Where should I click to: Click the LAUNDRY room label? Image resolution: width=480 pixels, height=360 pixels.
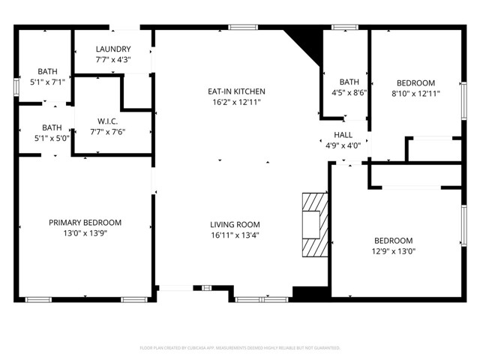(113, 49)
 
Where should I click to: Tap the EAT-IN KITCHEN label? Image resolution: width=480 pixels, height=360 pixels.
(236, 91)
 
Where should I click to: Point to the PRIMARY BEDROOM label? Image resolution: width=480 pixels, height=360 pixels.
(85, 223)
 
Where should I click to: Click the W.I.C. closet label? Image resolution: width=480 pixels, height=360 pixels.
(107, 121)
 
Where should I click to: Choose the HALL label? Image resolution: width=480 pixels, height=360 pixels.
(343, 135)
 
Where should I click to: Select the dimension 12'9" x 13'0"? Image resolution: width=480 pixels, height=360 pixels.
(393, 251)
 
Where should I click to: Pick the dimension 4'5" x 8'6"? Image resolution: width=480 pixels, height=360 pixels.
(349, 93)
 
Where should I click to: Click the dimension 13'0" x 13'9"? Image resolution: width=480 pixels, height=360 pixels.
(85, 233)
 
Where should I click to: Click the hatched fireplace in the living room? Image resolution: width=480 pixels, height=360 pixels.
(314, 225)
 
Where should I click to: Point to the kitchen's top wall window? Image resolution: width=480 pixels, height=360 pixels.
(239, 28)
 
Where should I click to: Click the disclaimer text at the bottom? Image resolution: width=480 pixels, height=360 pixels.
(240, 348)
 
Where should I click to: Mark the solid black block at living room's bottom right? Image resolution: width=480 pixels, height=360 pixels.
(304, 294)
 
